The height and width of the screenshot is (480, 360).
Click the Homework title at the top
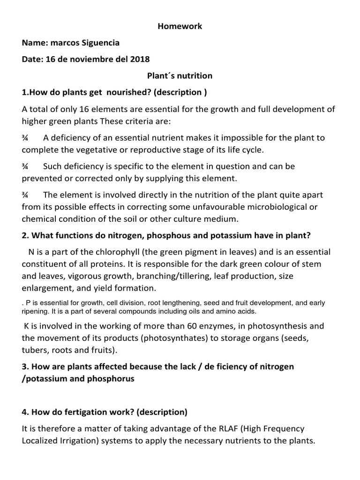(x=180, y=27)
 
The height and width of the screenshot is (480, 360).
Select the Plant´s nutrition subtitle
(x=180, y=76)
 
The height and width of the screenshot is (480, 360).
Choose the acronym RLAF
(x=217, y=428)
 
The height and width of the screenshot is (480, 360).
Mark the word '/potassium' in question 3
(x=43, y=379)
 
